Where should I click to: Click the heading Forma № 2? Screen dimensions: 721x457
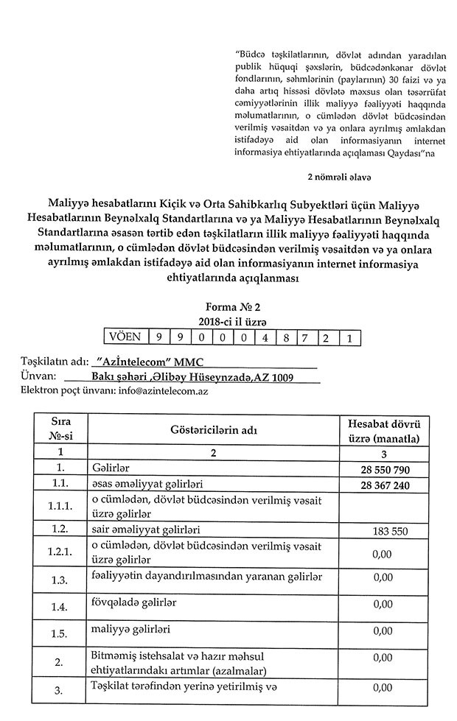pos(232,309)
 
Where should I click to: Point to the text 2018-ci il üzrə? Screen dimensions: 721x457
pos(232,323)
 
